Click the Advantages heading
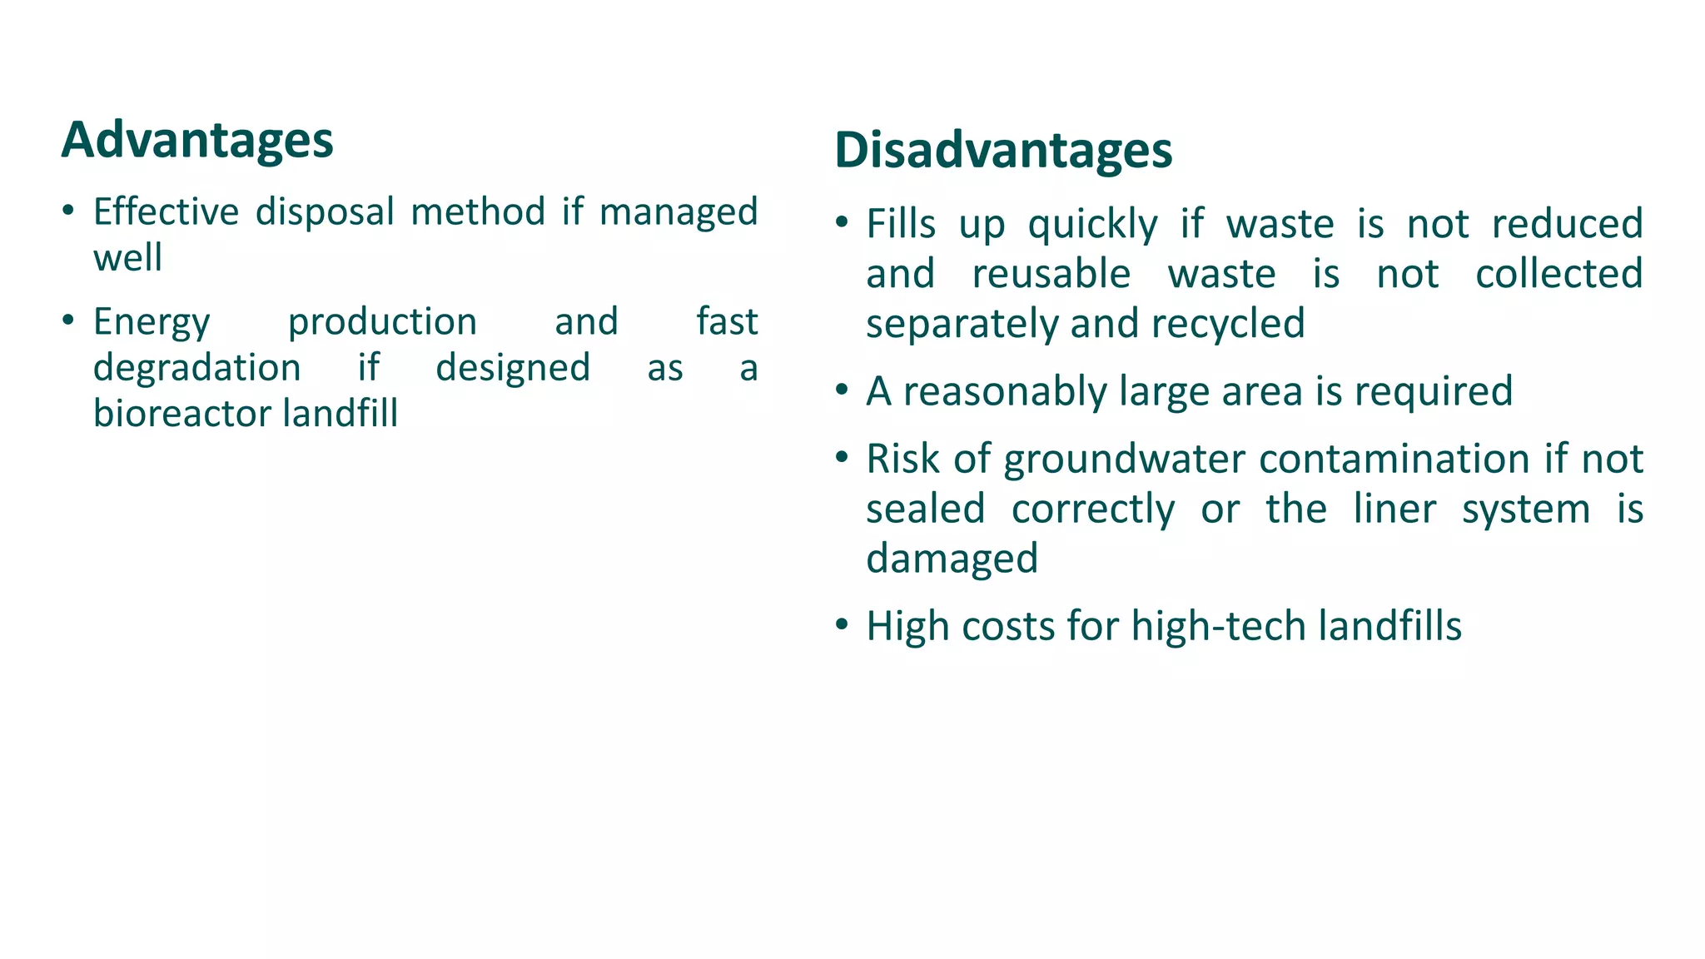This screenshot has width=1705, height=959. click(x=197, y=140)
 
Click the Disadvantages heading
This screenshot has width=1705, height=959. click(x=1003, y=151)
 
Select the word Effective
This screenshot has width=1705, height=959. click(x=166, y=211)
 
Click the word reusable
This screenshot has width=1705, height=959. click(x=1051, y=274)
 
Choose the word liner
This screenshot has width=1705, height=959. click(x=1394, y=509)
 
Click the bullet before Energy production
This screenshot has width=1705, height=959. click(x=68, y=320)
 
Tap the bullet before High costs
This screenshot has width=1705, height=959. click(x=842, y=624)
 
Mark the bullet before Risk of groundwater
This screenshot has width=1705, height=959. click(x=842, y=457)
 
